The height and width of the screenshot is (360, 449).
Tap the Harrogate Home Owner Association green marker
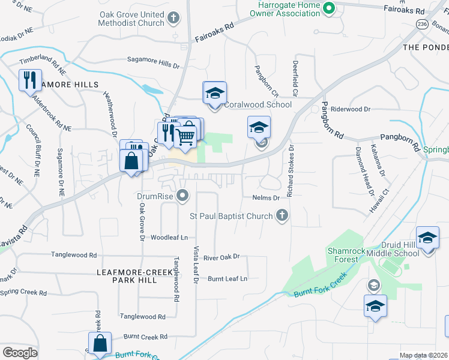(328, 8)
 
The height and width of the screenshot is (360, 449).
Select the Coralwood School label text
(258, 104)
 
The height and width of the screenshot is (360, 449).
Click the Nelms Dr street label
(268, 197)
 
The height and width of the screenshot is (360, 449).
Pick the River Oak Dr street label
(221, 257)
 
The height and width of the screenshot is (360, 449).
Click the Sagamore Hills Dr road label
(154, 60)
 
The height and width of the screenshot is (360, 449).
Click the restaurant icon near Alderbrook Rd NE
(29, 80)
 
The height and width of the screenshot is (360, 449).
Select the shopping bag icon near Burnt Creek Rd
(100, 344)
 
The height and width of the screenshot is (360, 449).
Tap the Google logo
(20, 353)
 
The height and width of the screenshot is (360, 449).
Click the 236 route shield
(423, 23)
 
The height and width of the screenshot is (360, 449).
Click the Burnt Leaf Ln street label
(228, 278)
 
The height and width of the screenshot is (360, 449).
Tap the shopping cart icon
(187, 135)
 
